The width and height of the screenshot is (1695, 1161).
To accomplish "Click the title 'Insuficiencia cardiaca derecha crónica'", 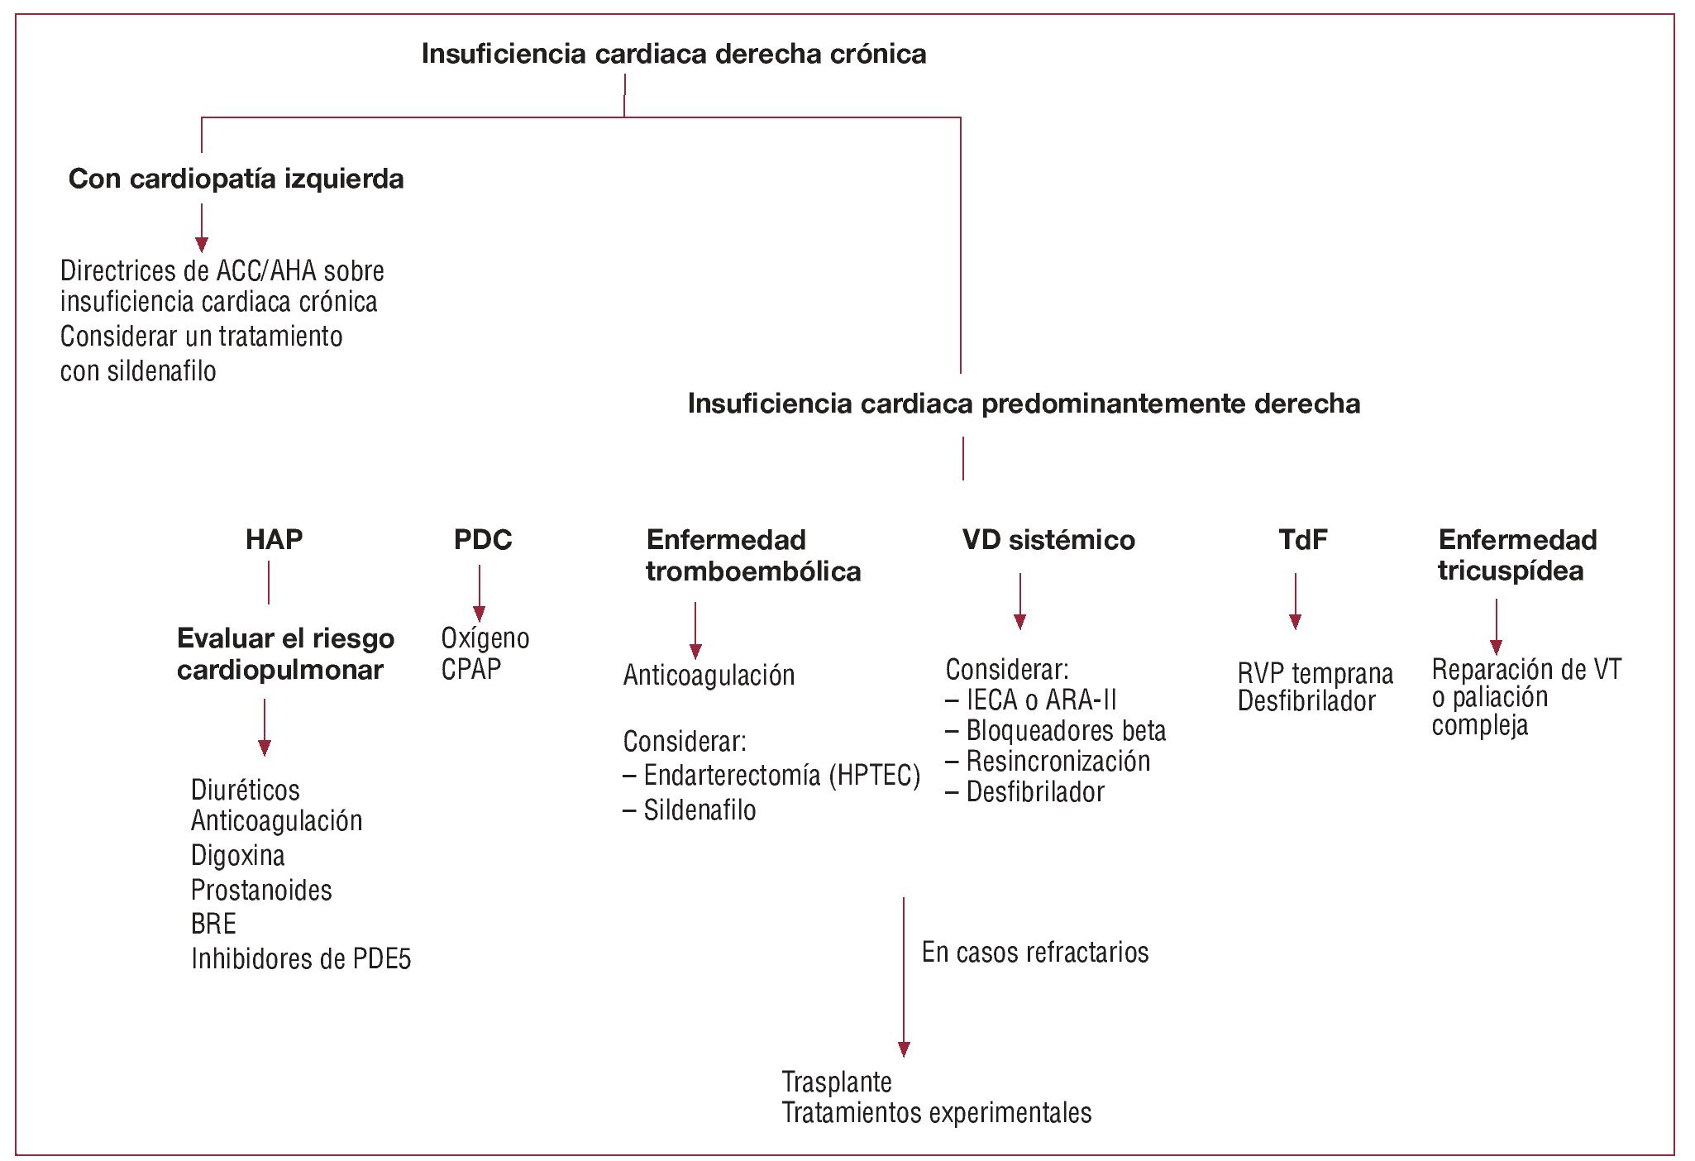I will click(x=673, y=54).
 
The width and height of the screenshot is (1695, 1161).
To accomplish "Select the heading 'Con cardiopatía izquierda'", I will click(x=236, y=179).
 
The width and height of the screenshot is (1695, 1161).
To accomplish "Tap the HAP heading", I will click(x=274, y=539).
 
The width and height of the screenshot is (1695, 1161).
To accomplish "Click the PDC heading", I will click(x=483, y=539).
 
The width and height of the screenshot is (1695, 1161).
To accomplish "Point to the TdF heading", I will click(x=1302, y=539).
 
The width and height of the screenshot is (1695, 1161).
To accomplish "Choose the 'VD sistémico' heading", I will click(x=1048, y=540).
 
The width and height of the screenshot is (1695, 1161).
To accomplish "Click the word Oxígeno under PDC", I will click(x=485, y=638).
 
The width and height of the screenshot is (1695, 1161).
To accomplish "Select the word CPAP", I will click(x=471, y=669).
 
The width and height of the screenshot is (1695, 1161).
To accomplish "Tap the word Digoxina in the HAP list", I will click(x=238, y=855).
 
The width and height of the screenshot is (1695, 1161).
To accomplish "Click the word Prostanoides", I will click(x=261, y=890).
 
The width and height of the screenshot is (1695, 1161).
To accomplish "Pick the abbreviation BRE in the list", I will click(x=213, y=924).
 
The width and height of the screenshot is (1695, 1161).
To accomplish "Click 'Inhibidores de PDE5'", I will click(x=301, y=958).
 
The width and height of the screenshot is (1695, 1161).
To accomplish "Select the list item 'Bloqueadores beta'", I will click(x=1066, y=731).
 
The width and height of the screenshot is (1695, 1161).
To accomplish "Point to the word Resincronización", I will click(x=1058, y=761).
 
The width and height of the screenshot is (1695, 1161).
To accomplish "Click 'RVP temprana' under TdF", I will click(x=1315, y=673).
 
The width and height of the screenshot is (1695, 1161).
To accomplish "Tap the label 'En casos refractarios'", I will click(x=1035, y=952).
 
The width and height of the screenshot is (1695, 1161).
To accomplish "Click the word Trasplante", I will click(x=837, y=1082).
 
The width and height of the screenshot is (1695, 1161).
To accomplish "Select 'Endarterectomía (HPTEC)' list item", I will click(x=781, y=775).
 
